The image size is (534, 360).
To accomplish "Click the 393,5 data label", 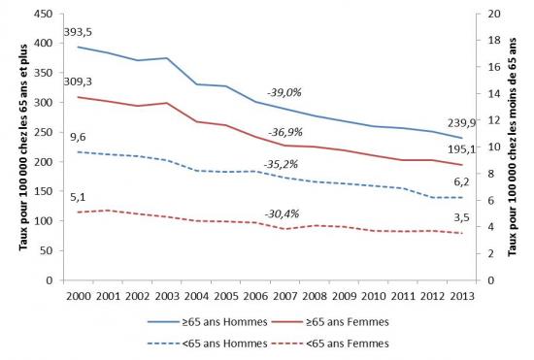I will (x=78, y=33).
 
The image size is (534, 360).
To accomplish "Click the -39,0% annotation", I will (x=284, y=92).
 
